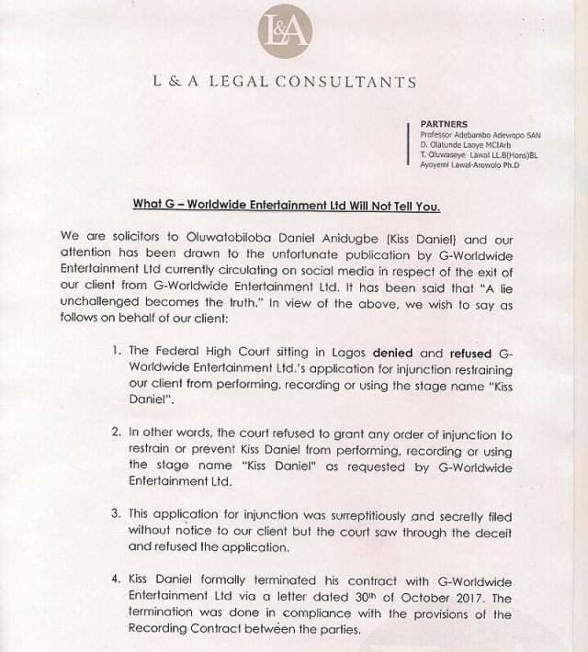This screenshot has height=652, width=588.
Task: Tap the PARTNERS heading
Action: point(443,122)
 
